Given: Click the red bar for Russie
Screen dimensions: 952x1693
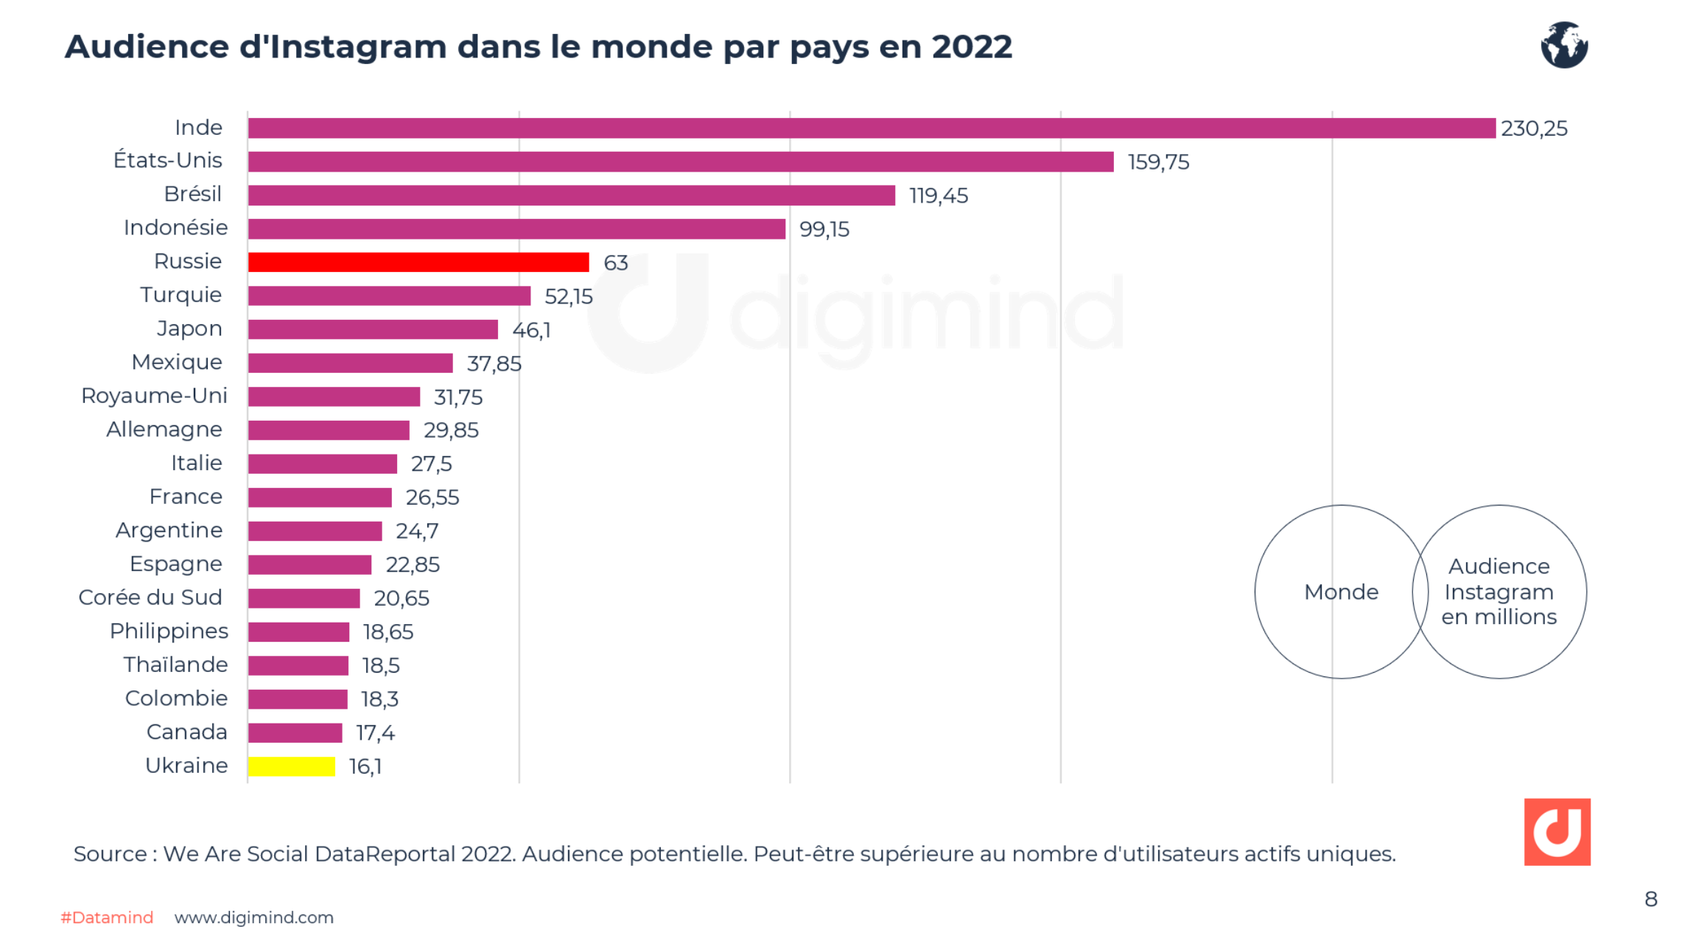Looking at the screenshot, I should click(418, 262).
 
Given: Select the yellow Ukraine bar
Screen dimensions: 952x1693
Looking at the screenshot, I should click(292, 766).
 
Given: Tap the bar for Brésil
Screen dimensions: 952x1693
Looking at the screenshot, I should click(571, 195).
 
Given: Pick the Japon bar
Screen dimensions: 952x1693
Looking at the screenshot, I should click(373, 329).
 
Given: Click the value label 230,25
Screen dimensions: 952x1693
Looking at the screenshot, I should click(1534, 129).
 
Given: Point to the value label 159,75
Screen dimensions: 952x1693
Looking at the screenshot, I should click(1158, 162).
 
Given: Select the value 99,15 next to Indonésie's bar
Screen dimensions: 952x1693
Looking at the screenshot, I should click(824, 230).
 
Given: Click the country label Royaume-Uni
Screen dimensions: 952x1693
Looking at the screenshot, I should click(154, 396).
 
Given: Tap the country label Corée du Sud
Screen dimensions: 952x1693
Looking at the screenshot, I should click(150, 598).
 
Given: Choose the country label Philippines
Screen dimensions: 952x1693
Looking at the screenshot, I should click(169, 631).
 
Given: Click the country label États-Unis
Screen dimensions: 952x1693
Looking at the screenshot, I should click(168, 161).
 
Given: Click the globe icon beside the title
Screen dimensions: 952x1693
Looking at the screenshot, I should click(1563, 45).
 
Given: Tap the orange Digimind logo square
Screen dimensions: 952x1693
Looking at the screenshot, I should click(1557, 831).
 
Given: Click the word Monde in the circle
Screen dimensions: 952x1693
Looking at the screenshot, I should click(1341, 592).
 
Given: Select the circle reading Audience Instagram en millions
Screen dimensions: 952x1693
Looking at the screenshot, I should click(1499, 592).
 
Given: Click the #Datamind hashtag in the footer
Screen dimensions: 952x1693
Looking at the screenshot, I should click(107, 917).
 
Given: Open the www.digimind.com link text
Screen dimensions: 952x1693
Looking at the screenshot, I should click(254, 917).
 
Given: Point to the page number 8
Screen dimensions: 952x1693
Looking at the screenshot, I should click(1651, 899).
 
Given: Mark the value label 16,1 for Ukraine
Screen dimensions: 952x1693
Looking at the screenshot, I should click(365, 767).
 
